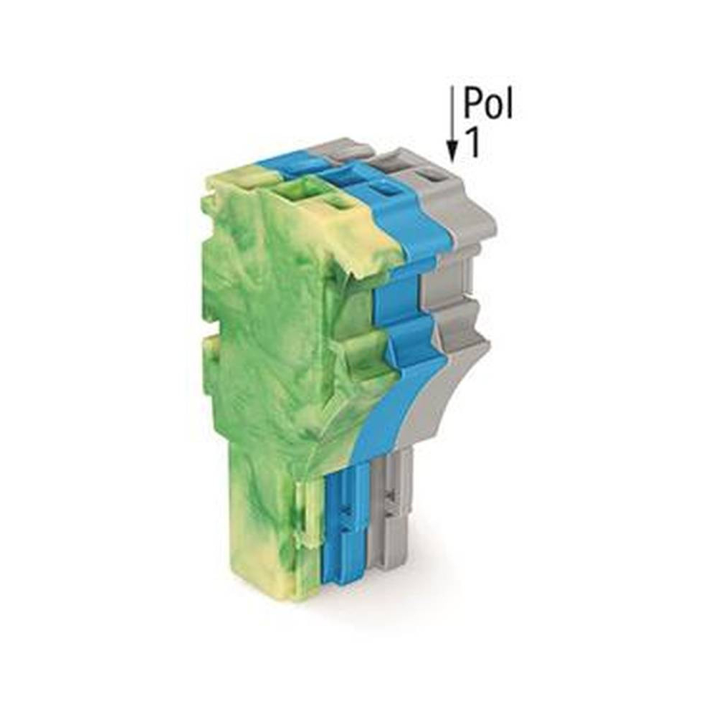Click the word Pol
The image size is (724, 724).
488,103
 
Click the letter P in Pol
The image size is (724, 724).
473,103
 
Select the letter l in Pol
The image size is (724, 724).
509,103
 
